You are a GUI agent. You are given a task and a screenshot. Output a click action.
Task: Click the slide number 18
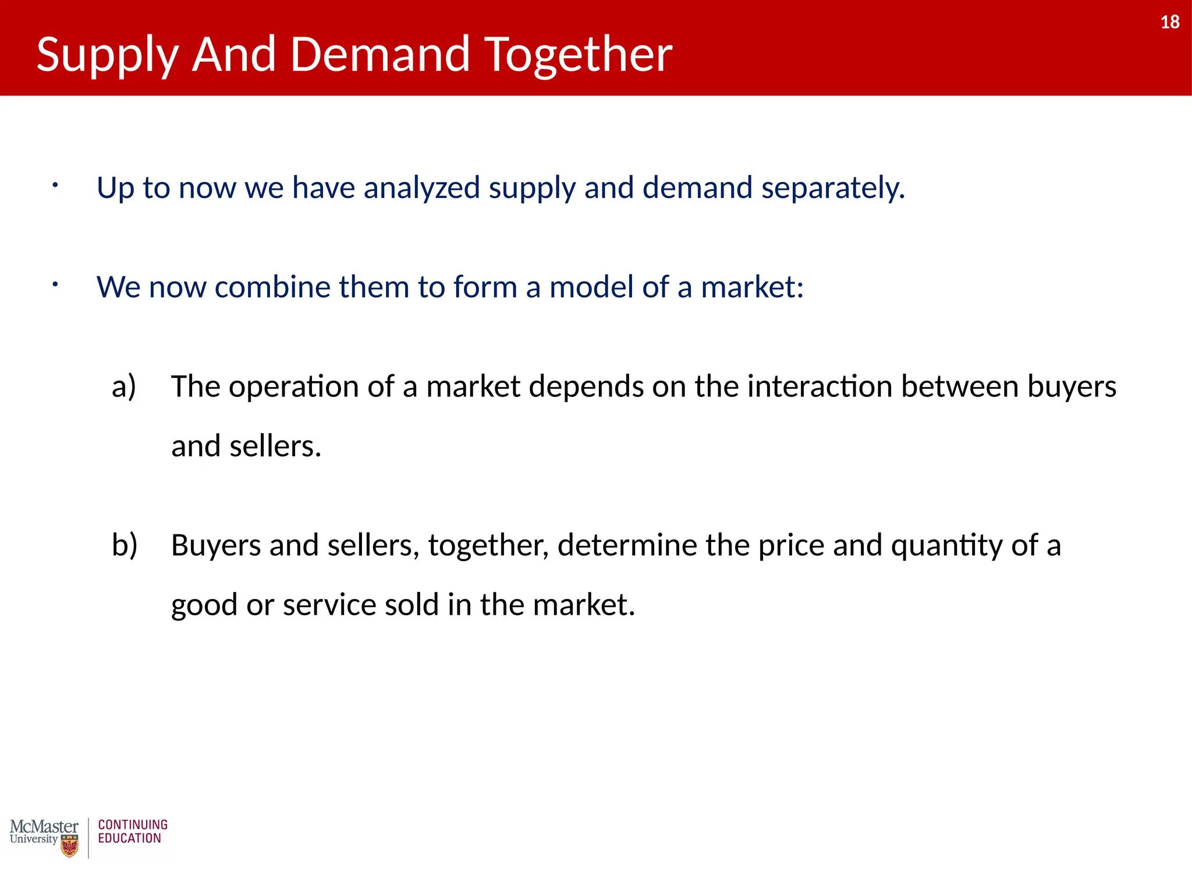[x=1169, y=22]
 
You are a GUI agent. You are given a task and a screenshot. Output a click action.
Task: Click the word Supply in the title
[x=107, y=55]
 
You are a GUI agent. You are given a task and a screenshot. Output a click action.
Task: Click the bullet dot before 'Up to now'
[x=55, y=185]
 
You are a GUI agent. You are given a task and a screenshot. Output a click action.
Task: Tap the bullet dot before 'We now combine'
[x=55, y=285]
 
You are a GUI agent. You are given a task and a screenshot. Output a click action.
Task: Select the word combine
[x=272, y=287]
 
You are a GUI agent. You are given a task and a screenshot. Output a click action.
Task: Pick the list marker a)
[x=124, y=386]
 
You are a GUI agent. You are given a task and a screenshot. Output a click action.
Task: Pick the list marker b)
[x=125, y=545]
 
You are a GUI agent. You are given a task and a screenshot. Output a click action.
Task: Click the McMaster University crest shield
[x=70, y=846]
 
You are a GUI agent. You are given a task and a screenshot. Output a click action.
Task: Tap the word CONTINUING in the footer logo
[x=133, y=825]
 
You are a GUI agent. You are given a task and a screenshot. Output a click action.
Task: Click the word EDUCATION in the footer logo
[x=129, y=839]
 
